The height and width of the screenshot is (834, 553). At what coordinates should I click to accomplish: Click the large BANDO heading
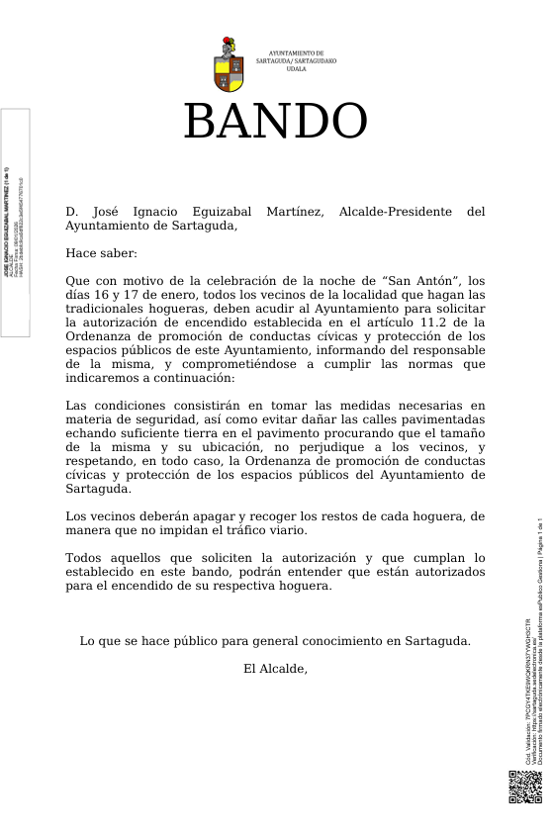point(275,123)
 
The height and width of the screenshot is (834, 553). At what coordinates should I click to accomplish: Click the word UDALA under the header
point(296,69)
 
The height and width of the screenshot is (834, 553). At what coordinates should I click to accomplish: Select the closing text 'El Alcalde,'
point(275,669)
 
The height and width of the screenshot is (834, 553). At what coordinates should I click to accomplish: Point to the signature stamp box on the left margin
point(15,222)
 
